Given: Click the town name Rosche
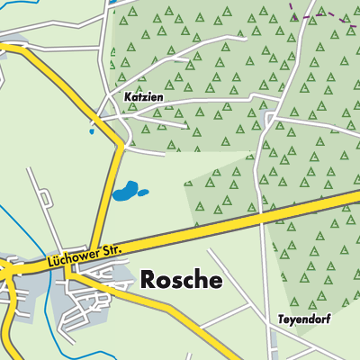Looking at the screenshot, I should coord(181,280).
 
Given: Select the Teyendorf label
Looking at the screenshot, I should coord(305,319).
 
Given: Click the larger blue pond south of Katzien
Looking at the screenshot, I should coord(125,192).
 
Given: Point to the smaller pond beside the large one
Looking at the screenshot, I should coord(144,192).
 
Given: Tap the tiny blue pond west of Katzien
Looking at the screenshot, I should coord(91,131).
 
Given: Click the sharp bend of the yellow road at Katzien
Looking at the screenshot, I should coord(121,142).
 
